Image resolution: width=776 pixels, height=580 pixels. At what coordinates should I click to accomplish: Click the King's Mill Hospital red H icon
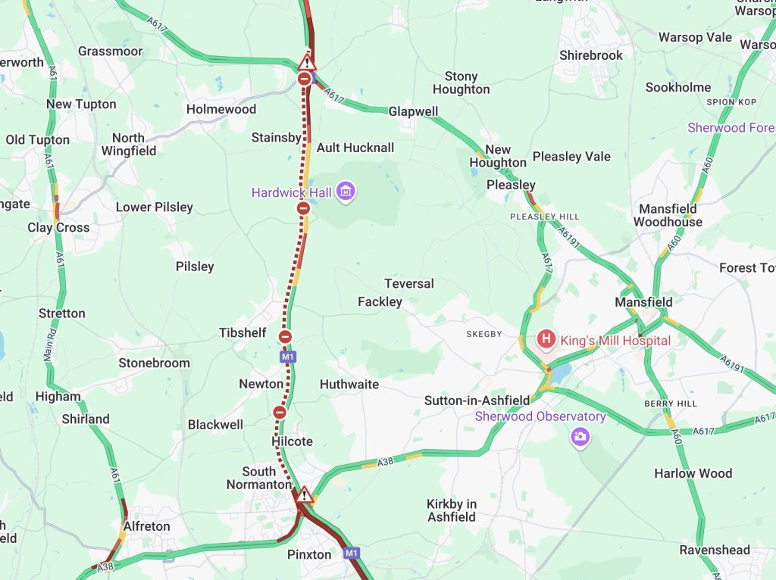coord(545,340)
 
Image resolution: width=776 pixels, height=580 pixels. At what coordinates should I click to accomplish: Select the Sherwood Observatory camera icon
coord(580,436)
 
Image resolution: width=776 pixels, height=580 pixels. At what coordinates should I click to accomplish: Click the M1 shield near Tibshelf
coord(286,356)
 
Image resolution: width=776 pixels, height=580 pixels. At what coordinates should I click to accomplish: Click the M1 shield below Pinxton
coord(351,553)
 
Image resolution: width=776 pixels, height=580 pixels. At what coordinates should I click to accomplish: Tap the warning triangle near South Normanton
coord(305,496)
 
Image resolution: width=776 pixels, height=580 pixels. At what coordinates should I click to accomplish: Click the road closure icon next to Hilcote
coord(280,413)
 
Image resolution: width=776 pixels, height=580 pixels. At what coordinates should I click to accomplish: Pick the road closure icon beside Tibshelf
coord(286,337)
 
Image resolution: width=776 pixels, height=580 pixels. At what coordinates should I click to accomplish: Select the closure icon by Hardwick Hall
coord(303,208)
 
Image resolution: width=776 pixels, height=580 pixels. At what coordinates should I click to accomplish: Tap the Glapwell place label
coord(413,111)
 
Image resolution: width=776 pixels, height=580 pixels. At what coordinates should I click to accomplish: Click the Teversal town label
coord(409,283)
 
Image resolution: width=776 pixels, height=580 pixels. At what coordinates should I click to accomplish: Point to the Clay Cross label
coord(58,227)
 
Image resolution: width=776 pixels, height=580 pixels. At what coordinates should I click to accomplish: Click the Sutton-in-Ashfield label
coord(477,400)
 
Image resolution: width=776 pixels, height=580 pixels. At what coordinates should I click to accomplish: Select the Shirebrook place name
coord(591,55)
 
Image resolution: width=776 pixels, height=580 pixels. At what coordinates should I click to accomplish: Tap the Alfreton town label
coord(146,526)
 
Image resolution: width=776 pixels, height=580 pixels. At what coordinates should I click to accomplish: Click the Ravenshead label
coord(715,550)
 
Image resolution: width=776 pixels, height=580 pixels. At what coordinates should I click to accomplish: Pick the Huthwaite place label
coord(349,384)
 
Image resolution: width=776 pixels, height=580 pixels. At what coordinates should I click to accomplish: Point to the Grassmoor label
coord(110,51)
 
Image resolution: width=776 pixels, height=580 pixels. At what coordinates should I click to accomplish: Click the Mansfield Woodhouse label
coord(668,215)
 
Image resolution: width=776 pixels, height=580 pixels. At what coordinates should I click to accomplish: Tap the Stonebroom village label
coord(154,363)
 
